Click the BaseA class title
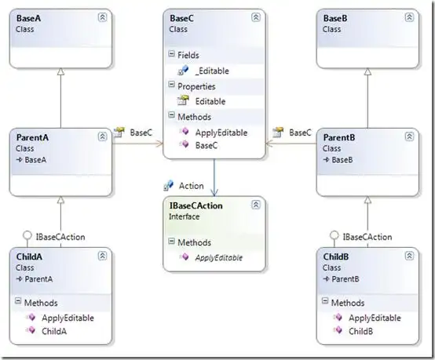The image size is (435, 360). tap(28, 18)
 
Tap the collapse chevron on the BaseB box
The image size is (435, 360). tap(409, 17)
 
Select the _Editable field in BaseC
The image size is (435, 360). tap(212, 71)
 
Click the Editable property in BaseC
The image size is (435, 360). tap(210, 101)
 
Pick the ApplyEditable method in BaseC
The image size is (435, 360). tap(221, 133)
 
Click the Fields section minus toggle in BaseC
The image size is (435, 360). tap(172, 54)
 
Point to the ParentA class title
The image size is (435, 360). tap(32, 137)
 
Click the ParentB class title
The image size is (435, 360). tap(339, 137)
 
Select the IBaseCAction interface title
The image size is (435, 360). tap(196, 205)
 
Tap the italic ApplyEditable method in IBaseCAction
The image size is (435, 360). tap(218, 258)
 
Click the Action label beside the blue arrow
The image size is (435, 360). tap(191, 186)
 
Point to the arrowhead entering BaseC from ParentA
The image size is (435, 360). tap(160, 144)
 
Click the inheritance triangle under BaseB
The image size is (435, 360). tap(367, 71)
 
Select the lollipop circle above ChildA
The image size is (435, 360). tap(27, 235)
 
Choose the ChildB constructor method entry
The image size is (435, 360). tap(360, 331)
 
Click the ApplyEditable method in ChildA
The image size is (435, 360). tap(68, 318)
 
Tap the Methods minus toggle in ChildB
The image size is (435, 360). tap(325, 301)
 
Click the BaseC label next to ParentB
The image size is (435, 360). tap(300, 133)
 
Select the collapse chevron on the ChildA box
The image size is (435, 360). tap(102, 256)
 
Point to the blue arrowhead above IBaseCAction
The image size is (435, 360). tap(214, 192)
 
